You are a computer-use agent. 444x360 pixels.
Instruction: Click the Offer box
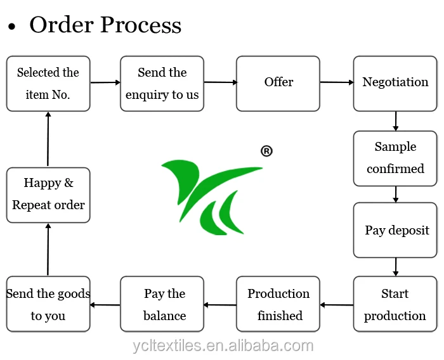278,84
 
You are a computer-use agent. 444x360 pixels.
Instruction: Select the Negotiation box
395,84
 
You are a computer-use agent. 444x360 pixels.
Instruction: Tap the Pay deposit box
395,230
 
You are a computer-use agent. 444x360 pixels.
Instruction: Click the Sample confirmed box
395,158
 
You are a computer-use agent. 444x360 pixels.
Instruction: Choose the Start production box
395,304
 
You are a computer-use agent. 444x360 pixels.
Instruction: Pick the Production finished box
278,304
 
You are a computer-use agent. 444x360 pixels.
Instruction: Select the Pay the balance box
162,304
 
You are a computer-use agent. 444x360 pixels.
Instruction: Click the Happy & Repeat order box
48,195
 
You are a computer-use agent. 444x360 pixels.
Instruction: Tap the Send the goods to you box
48,304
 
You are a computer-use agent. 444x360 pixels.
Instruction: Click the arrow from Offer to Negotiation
337,82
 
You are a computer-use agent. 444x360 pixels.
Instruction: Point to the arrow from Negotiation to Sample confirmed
396,121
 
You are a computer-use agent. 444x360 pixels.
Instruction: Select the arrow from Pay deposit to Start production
396,267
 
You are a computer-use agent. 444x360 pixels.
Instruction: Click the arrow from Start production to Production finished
337,305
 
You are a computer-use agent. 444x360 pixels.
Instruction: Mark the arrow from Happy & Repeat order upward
48,139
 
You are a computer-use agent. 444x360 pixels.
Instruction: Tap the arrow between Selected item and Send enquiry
105,82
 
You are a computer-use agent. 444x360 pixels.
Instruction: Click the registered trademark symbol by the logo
266,151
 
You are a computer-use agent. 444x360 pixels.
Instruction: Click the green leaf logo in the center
211,197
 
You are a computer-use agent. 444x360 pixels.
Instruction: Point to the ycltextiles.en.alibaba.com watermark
223,346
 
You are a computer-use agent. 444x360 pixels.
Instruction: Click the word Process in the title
141,25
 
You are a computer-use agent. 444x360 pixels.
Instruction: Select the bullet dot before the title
11,27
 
